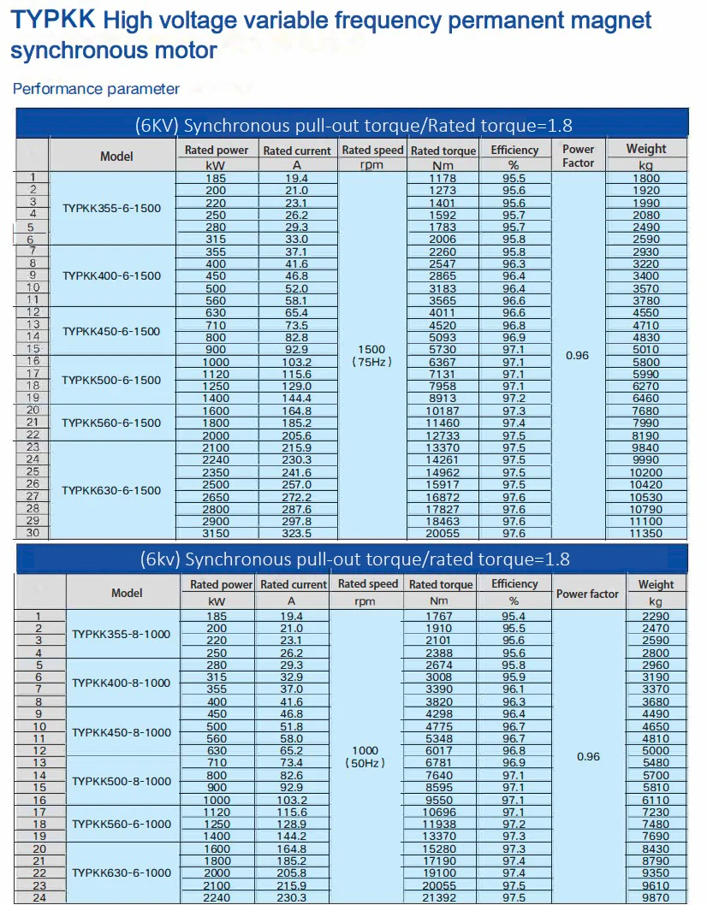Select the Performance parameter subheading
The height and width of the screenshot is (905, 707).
point(97,89)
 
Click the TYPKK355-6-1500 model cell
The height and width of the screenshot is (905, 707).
point(111,209)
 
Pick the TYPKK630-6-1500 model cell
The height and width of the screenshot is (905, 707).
point(111,491)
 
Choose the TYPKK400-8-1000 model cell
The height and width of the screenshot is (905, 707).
point(121,683)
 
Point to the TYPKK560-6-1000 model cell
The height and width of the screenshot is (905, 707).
point(121,824)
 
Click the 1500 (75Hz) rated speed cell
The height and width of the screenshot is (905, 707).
point(372,356)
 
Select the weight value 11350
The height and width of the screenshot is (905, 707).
point(646,534)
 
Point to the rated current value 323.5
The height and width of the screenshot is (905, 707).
point(296,534)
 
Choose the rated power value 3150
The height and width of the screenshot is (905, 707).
point(216,534)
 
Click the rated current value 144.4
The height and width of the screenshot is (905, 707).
point(296,399)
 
